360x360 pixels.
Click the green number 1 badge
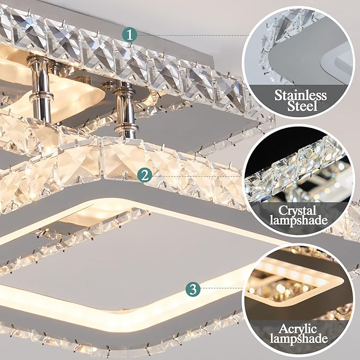click(x=130, y=34)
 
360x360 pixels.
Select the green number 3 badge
click(x=193, y=289)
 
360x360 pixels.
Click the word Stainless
click(x=300, y=96)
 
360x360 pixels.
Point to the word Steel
click(x=301, y=108)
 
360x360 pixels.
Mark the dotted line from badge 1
click(x=191, y=34)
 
